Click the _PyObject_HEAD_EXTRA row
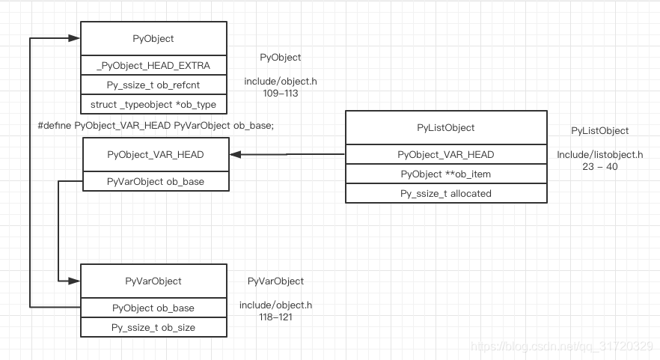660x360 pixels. (x=153, y=66)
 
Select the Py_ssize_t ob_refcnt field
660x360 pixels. (x=153, y=85)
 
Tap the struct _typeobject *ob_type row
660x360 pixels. (x=153, y=104)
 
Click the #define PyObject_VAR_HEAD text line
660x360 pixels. (x=156, y=126)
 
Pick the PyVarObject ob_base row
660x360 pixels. (x=155, y=181)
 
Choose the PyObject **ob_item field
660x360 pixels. (x=445, y=174)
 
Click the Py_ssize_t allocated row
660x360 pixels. (x=445, y=193)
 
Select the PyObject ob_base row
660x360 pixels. (x=153, y=308)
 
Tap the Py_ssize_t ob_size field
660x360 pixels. (x=153, y=327)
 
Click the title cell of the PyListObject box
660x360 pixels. (x=445, y=128)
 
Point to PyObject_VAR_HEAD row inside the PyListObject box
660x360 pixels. (x=445, y=155)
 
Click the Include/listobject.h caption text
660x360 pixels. (x=599, y=155)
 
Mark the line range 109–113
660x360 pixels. (x=281, y=94)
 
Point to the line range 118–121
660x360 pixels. (x=275, y=317)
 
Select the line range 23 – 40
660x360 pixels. (x=599, y=167)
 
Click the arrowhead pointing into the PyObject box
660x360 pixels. (x=74, y=37)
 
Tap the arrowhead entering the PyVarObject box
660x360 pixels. (x=74, y=281)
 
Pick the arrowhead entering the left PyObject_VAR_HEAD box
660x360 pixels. (x=235, y=155)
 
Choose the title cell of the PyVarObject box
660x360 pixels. (x=153, y=281)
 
